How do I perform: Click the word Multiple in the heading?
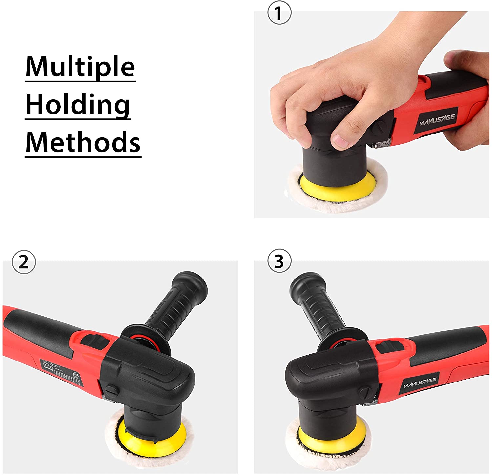(x=80, y=67)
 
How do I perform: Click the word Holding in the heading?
(x=78, y=105)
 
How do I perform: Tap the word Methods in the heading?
(x=83, y=142)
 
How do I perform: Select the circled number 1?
(x=279, y=13)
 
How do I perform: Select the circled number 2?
(x=24, y=262)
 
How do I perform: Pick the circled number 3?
(x=279, y=261)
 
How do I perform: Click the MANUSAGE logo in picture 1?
(x=437, y=120)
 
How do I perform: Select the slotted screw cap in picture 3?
(x=363, y=392)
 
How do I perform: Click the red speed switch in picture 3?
(x=388, y=346)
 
